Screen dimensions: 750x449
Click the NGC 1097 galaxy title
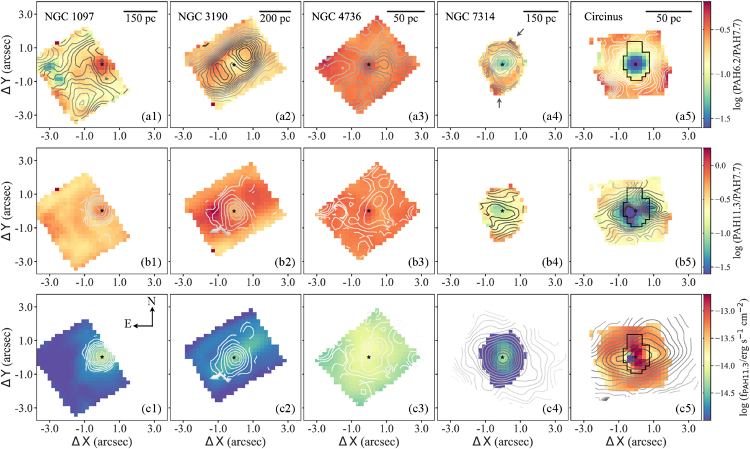point(69,16)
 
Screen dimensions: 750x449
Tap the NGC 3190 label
point(203,16)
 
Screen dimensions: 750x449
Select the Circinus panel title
point(603,16)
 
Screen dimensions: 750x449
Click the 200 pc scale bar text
point(275,19)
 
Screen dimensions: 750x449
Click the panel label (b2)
point(285,263)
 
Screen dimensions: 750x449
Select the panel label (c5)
point(686,409)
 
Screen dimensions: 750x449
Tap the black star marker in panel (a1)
point(102,64)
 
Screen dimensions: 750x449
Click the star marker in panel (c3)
point(369,357)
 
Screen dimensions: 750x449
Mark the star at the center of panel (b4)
point(502,211)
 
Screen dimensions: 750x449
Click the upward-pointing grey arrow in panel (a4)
point(499,103)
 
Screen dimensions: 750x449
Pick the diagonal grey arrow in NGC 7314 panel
point(520,32)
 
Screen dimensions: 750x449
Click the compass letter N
point(152,302)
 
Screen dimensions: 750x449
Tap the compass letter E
point(128,324)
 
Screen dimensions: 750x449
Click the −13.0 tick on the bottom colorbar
point(725,311)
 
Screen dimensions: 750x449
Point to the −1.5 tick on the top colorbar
point(722,119)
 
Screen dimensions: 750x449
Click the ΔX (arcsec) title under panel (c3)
point(369,442)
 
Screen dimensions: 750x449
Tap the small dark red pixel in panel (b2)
point(213,251)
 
